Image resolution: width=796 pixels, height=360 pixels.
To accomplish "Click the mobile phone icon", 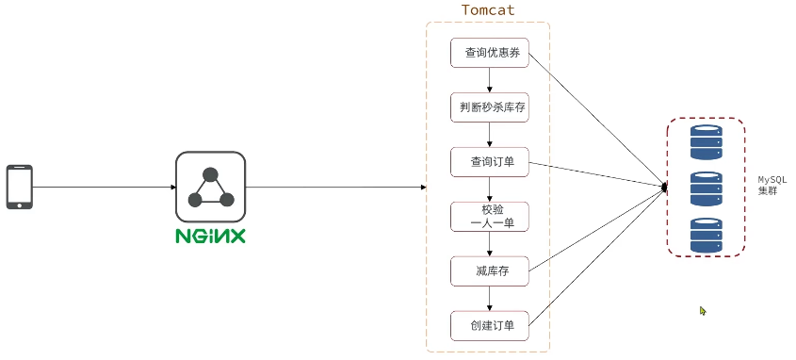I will click(20, 187).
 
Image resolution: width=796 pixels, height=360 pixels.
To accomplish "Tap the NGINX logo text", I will click(210, 236).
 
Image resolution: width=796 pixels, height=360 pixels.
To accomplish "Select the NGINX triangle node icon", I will click(210, 187).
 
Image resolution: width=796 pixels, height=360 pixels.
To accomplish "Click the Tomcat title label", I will click(488, 10).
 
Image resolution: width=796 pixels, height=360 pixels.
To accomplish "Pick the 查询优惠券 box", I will click(489, 53).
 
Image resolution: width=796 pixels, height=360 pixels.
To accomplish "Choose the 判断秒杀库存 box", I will click(489, 107).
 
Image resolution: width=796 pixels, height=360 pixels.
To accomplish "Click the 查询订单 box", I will click(489, 162).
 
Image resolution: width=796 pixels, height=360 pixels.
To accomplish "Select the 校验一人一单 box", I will click(489, 217).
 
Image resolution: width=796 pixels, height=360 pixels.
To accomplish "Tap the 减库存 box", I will click(489, 271).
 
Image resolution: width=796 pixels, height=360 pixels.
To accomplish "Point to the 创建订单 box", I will click(489, 326).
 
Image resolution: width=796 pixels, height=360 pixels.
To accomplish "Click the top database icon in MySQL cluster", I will click(706, 142).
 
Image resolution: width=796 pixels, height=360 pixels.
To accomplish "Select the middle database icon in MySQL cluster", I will click(706, 188).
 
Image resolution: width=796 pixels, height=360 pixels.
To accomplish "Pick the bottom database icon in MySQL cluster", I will click(706, 235).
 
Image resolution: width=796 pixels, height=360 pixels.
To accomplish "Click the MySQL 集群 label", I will click(772, 185).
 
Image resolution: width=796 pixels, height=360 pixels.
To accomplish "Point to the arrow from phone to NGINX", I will click(104, 187).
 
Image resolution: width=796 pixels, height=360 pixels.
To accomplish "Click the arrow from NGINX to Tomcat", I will click(334, 187).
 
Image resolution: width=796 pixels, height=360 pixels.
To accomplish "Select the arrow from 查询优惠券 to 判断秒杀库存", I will click(489, 80).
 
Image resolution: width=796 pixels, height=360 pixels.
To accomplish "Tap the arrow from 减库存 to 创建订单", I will click(489, 299).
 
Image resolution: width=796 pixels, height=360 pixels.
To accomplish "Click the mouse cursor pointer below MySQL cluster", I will click(703, 310).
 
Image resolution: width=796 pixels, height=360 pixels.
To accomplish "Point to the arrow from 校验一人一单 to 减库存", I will click(489, 244).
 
